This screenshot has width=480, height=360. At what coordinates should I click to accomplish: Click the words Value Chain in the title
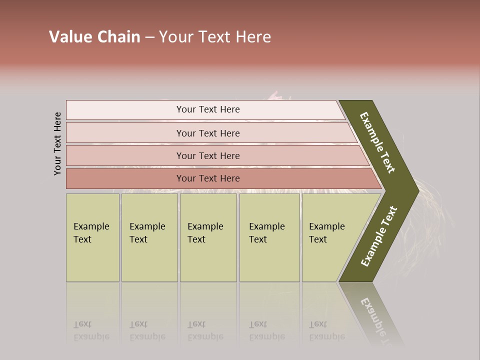[94, 37]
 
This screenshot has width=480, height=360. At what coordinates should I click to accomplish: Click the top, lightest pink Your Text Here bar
[208, 109]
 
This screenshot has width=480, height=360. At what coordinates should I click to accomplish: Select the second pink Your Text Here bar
[208, 133]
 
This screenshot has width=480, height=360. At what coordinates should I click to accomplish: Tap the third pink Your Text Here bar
[208, 155]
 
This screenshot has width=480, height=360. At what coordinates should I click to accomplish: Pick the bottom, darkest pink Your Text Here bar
[208, 178]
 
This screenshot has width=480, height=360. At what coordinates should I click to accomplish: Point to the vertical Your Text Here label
[58, 143]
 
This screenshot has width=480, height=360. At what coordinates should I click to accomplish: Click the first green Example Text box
[92, 237]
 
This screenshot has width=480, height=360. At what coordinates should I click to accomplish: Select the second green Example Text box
[149, 237]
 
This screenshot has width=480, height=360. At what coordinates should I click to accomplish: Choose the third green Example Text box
[208, 237]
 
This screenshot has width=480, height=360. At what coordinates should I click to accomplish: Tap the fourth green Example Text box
[269, 237]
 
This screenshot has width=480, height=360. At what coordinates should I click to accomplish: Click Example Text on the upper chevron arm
[377, 142]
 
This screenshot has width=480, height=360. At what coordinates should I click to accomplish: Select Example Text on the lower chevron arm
[379, 236]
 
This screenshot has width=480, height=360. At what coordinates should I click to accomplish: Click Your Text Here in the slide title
[215, 37]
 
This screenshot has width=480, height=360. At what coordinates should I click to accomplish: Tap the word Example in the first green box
[91, 226]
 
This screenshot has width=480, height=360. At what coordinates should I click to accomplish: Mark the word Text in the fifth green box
[318, 239]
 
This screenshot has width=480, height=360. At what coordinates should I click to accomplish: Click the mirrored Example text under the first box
[91, 336]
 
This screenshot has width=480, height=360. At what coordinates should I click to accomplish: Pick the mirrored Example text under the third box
[205, 336]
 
